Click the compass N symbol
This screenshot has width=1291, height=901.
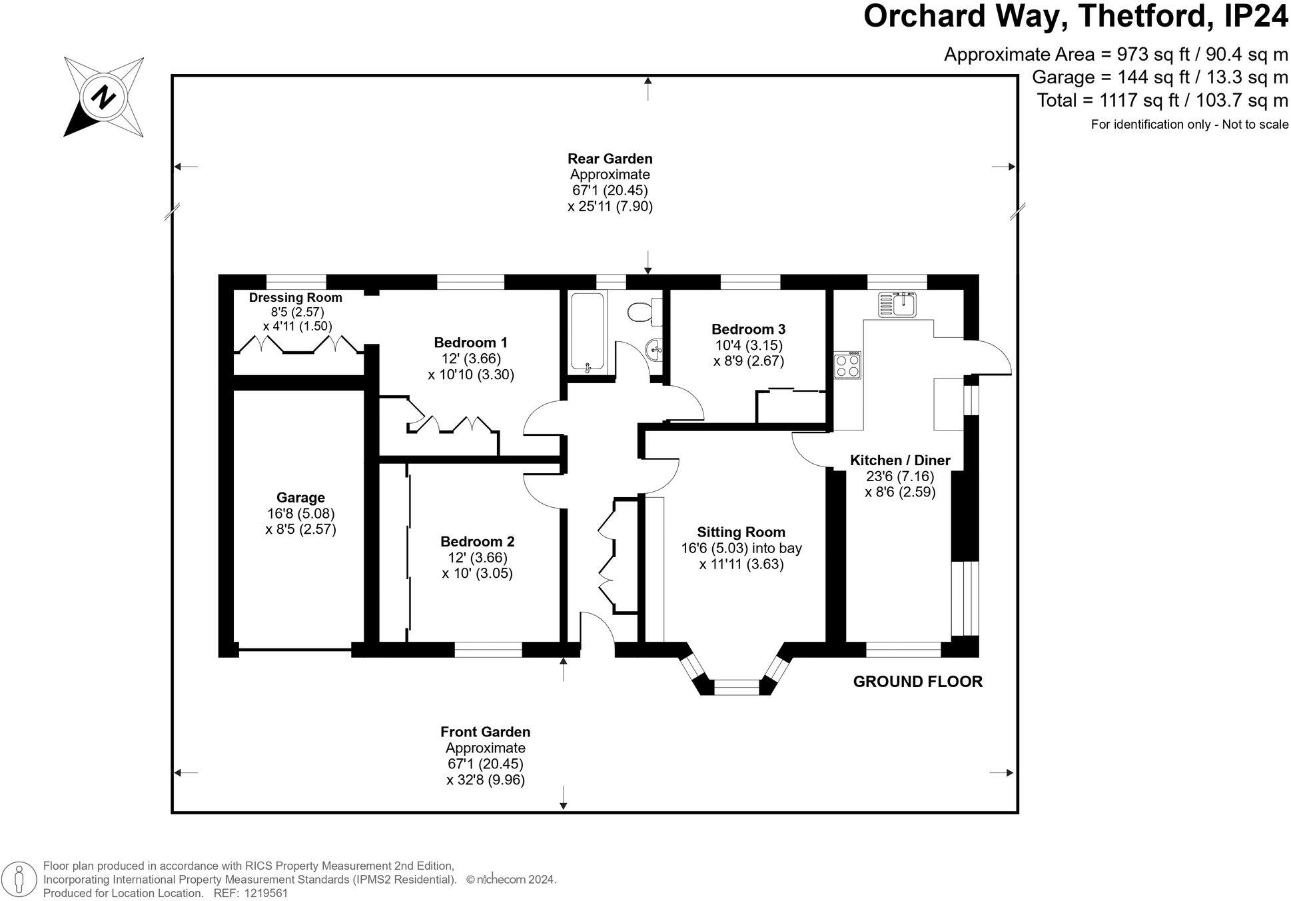coord(104,97)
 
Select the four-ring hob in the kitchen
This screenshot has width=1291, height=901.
coord(847,365)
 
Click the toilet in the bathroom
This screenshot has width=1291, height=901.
coord(645,311)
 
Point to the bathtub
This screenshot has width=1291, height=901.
coord(588,332)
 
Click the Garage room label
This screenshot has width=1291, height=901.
coord(300,498)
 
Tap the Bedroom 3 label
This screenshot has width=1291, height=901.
coord(748,329)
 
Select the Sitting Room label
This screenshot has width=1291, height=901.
coord(741,532)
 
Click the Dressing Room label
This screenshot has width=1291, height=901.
coord(295,298)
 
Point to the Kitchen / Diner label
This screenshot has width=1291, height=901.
coord(900,460)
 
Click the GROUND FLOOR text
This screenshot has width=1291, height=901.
coord(918,682)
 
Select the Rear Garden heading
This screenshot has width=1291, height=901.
coord(610,159)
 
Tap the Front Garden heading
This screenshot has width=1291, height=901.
coord(486,732)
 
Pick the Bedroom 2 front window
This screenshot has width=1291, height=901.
coord(488,649)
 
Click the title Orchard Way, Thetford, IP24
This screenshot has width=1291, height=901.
coord(1076,17)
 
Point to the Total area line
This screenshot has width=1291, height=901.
coord(1162,101)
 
